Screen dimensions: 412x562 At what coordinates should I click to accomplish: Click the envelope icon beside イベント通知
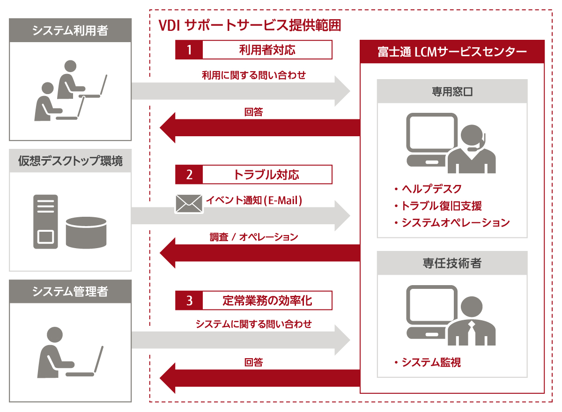click(x=189, y=204)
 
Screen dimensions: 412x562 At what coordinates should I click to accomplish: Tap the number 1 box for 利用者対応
click(x=189, y=50)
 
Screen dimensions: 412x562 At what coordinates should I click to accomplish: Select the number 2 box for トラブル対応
click(x=189, y=175)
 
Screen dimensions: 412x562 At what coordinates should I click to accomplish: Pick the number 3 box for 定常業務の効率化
click(x=189, y=301)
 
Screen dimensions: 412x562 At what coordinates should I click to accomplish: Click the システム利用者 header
click(x=70, y=30)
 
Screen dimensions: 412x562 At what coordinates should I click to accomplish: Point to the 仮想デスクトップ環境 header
click(x=70, y=161)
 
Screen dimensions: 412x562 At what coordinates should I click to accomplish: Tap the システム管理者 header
click(x=70, y=292)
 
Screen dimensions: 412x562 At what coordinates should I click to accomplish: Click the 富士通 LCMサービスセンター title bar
click(x=452, y=51)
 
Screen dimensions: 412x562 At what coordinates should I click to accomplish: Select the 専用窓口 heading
click(x=452, y=91)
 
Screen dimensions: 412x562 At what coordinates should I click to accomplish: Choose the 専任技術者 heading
click(x=452, y=264)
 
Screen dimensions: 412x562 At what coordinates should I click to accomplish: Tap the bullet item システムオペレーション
click(x=451, y=222)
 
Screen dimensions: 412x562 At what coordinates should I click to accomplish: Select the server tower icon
click(x=45, y=221)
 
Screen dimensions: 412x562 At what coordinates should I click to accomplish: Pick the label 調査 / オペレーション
click(x=254, y=237)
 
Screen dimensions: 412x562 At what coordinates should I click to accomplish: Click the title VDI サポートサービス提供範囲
click(x=250, y=25)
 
